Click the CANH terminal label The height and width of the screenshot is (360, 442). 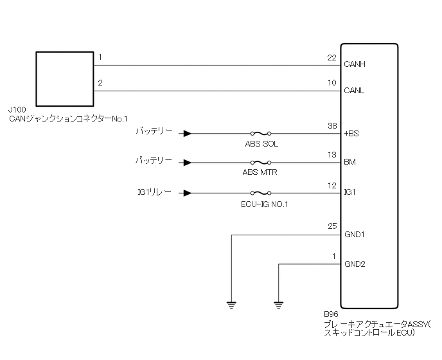tap(355, 64)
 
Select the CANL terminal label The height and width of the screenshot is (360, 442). tap(354, 91)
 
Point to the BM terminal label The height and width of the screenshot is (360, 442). tap(350, 163)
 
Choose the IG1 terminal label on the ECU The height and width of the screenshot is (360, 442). tap(350, 192)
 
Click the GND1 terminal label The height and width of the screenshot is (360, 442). tap(355, 235)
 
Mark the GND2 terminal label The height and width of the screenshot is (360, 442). tap(355, 264)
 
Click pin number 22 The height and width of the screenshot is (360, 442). tap(331, 58)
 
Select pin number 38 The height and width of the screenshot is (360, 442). tap(331, 127)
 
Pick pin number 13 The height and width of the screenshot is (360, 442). tap(331, 156)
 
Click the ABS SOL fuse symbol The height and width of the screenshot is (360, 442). tap(261, 134)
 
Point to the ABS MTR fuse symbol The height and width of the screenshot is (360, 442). tap(261, 163)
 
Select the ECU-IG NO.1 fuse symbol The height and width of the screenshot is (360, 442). tap(261, 192)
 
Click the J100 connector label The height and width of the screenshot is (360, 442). tap(18, 111)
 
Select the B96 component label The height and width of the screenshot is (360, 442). tap(331, 315)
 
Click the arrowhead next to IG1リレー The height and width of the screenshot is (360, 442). tap(186, 192)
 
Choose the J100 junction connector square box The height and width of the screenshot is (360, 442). tap(65, 78)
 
